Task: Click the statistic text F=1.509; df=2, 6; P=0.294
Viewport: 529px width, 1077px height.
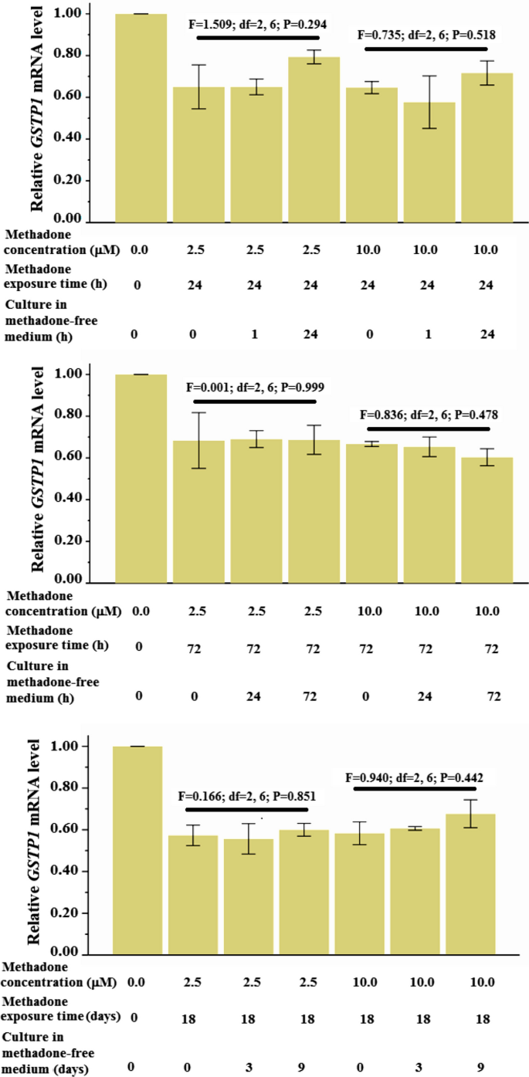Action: pyautogui.click(x=257, y=24)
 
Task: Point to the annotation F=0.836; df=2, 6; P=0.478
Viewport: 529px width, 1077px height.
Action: pyautogui.click(x=429, y=414)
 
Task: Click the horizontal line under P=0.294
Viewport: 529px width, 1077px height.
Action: pyautogui.click(x=257, y=37)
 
